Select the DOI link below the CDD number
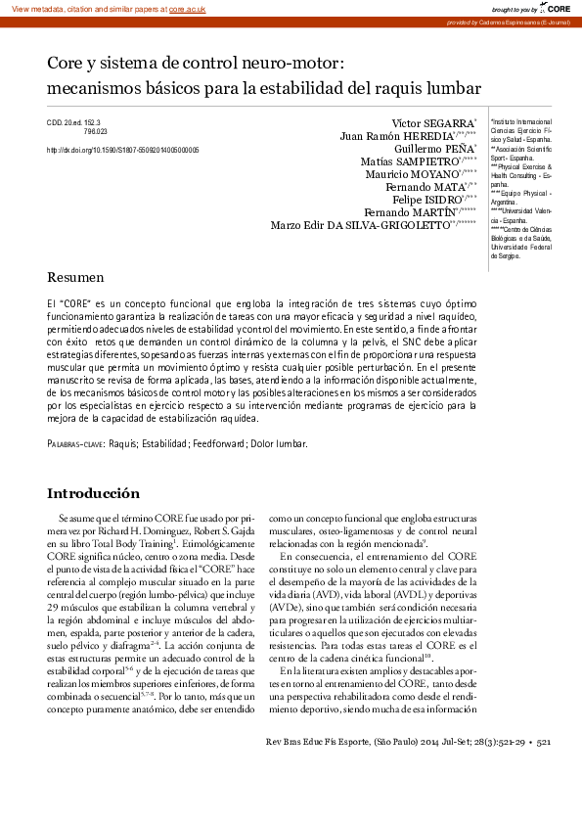click(123, 151)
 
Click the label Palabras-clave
click(76, 443)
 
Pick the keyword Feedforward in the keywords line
click(220, 443)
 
